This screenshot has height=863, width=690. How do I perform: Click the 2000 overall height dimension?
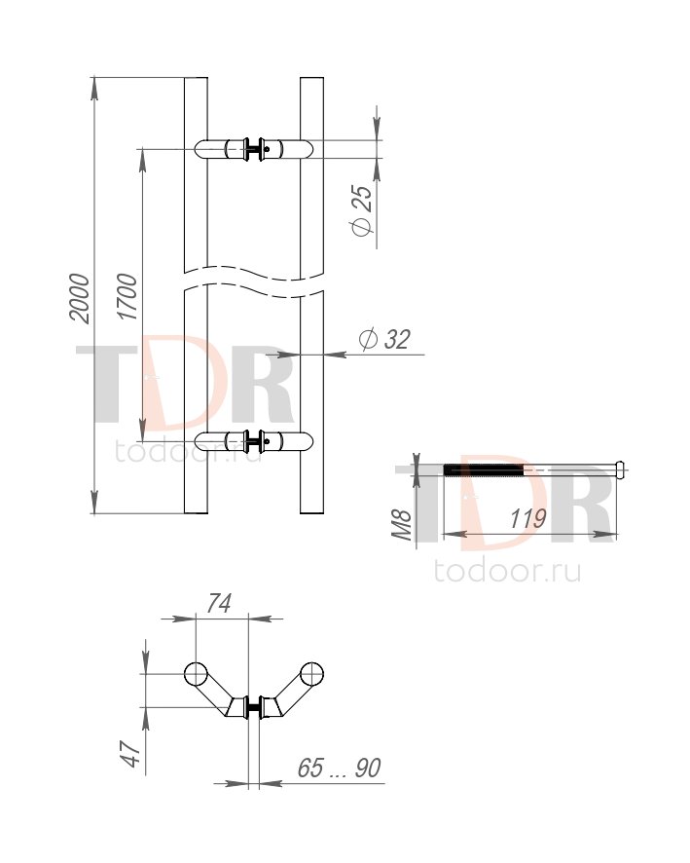click(79, 298)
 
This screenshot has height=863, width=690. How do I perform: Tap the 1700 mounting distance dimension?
click(127, 297)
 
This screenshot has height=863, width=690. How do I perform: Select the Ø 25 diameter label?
click(361, 210)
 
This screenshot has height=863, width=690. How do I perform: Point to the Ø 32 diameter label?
click(384, 339)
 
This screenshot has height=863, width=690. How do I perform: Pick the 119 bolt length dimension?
click(527, 518)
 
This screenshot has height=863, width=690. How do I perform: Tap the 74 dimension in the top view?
click(218, 603)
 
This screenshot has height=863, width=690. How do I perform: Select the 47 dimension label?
click(130, 754)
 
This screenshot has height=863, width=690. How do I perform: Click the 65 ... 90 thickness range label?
click(339, 768)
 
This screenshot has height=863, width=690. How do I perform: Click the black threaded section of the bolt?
click(484, 470)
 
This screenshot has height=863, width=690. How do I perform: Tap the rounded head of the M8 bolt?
click(620, 469)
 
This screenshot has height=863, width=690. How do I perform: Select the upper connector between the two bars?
click(254, 149)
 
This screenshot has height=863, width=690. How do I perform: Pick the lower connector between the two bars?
click(254, 441)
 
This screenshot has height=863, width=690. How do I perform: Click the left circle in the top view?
click(196, 674)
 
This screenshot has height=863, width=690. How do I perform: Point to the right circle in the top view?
click(311, 674)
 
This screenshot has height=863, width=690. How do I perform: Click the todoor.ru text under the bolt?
click(507, 571)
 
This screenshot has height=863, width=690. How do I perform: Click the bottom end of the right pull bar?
click(311, 513)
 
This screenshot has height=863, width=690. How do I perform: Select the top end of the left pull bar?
click(196, 79)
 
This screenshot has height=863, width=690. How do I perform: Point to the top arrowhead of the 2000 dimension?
click(94, 88)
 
